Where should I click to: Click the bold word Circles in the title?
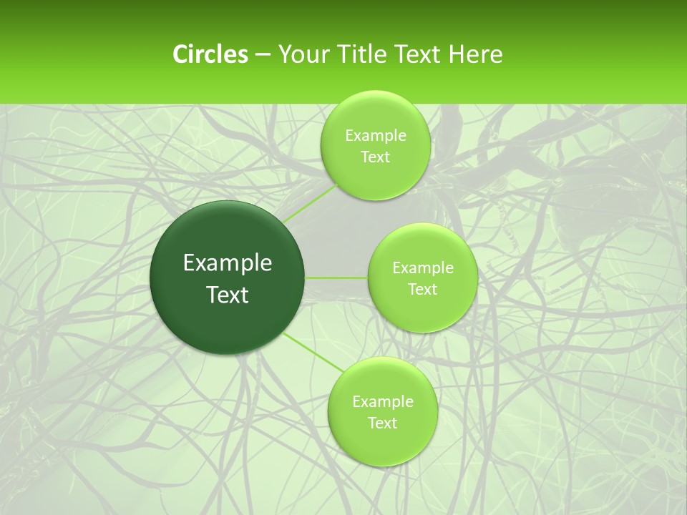(x=210, y=54)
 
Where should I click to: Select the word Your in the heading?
(x=303, y=54)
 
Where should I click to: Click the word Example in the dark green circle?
(x=228, y=263)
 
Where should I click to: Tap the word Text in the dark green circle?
(x=228, y=295)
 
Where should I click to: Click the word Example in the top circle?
(x=375, y=136)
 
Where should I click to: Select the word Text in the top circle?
(x=375, y=157)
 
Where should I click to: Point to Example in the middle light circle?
(x=422, y=268)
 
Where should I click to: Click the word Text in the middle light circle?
(x=422, y=290)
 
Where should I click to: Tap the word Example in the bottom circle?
(x=382, y=402)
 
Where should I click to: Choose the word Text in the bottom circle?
(x=382, y=423)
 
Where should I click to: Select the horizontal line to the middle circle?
(x=336, y=278)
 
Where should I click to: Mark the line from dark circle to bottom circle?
(x=313, y=352)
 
